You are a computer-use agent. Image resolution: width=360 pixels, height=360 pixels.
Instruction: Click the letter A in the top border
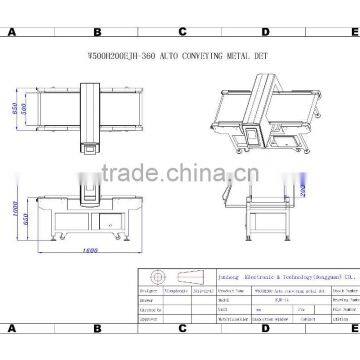click(10, 31)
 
